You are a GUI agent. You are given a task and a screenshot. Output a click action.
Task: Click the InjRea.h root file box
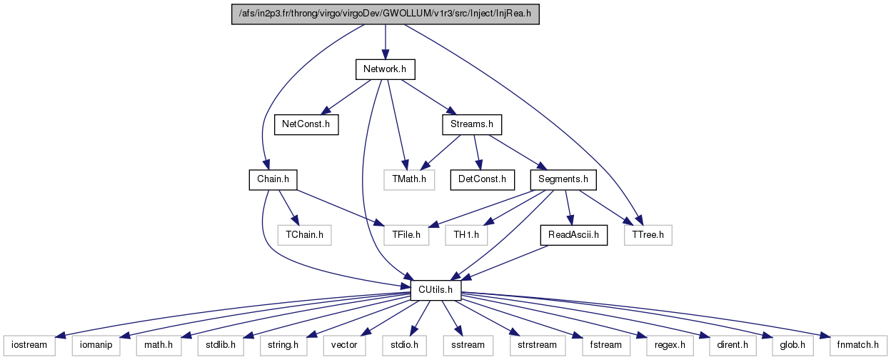coord(385,14)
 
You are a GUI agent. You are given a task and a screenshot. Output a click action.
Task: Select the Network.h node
coord(385,69)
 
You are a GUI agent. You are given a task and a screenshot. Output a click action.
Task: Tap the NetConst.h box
coord(306,124)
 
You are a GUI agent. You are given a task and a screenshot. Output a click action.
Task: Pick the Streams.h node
coord(472,124)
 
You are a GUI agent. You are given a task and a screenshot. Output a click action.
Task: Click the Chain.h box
coord(273,180)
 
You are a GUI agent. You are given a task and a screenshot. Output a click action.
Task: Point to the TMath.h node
coord(409,180)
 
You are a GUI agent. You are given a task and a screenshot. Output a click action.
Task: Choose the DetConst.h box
coord(482,180)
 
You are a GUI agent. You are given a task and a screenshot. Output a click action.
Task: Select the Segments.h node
coord(563,180)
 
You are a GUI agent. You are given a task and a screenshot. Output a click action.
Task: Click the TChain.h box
coord(304,235)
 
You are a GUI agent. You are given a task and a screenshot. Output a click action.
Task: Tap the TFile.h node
coord(406,235)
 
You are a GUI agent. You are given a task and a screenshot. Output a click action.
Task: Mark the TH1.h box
coord(466,235)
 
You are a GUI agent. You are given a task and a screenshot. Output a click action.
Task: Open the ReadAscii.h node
coord(573,235)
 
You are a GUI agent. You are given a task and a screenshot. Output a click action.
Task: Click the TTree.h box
coord(648,235)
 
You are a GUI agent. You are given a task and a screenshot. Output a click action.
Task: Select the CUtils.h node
coord(436,291)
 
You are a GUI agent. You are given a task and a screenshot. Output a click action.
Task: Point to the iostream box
coord(29,345)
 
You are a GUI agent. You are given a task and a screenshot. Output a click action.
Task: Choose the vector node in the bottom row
coord(344,345)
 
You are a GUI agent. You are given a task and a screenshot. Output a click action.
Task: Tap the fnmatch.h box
coord(858,345)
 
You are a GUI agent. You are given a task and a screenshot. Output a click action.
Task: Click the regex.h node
coord(670,345)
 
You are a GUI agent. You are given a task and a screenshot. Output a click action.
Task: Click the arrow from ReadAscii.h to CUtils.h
coord(504,263)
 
